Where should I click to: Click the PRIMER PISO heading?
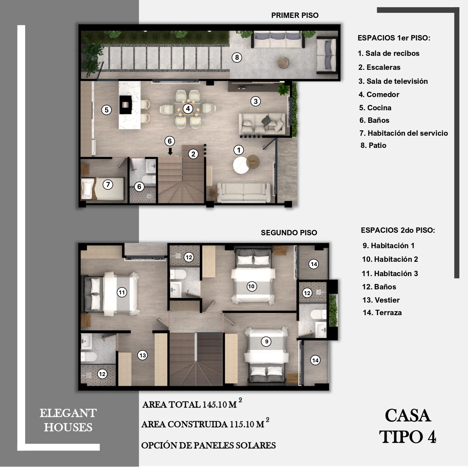[x=295, y=15]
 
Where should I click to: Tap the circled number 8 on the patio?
[x=237, y=58]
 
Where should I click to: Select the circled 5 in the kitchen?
[x=106, y=110]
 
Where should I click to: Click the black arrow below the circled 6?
[x=170, y=151]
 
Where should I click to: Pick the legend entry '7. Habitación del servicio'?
[x=403, y=133]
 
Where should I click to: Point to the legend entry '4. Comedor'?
[x=379, y=95]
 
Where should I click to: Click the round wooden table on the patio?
[x=283, y=63]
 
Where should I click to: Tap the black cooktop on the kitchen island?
[x=125, y=105]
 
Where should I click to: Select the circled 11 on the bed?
[x=122, y=292]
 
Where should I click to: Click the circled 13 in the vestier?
[x=142, y=355]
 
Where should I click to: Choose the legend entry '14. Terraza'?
[x=382, y=313]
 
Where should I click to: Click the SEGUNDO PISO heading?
[x=289, y=232]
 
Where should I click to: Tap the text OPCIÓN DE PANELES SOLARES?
[x=208, y=446]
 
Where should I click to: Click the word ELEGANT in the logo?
[x=68, y=413]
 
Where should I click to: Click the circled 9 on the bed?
[x=266, y=342]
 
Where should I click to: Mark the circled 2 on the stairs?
[x=193, y=154]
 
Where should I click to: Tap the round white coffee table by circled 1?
[x=241, y=165]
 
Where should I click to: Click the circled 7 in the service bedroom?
[x=108, y=184]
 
